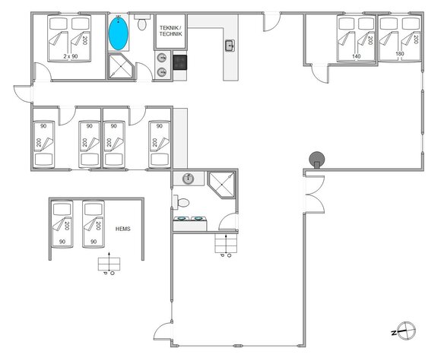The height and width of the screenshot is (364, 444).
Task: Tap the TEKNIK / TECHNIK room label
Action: (170, 30)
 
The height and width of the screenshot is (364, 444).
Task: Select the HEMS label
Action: (124, 227)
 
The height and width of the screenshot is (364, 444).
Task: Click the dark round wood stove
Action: (316, 159)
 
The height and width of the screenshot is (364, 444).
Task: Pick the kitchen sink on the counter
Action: (230, 46)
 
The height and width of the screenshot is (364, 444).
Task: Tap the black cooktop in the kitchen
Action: (180, 63)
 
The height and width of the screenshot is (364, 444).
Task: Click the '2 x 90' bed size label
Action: (70, 56)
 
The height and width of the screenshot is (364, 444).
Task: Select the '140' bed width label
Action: (356, 56)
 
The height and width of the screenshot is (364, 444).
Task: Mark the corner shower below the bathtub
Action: (119, 67)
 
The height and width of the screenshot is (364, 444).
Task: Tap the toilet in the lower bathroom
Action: (180, 203)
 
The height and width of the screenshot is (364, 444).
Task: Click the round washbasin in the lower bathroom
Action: (187, 179)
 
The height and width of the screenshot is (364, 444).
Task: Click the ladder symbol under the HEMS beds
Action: (109, 263)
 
